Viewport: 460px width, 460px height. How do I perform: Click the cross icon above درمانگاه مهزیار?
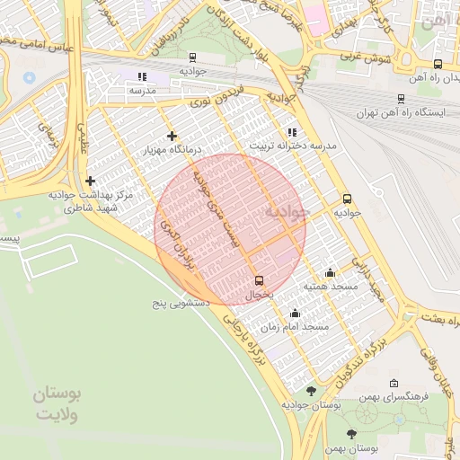click(172, 136)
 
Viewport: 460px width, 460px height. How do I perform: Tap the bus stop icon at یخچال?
click(260, 279)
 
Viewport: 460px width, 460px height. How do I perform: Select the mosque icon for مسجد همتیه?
click(330, 272)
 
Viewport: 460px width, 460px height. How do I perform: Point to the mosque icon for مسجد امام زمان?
click(295, 313)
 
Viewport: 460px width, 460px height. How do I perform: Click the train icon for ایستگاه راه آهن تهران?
click(400, 100)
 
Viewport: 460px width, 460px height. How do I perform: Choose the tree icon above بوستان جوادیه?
click(311, 391)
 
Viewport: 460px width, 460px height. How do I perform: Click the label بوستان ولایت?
click(57, 404)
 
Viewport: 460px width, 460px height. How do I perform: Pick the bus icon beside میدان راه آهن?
click(438, 64)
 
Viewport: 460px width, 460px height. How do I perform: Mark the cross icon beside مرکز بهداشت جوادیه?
click(91, 180)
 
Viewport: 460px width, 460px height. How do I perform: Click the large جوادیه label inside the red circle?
click(287, 212)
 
